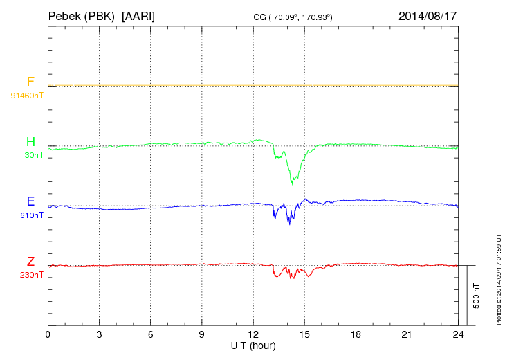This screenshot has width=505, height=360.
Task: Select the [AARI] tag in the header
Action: click(x=138, y=15)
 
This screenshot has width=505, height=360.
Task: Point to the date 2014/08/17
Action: click(x=428, y=15)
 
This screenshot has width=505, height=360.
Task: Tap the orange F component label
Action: click(x=30, y=82)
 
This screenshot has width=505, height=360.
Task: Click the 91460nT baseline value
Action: click(x=26, y=95)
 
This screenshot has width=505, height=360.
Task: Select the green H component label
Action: click(x=30, y=142)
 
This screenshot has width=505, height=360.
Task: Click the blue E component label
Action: click(x=30, y=201)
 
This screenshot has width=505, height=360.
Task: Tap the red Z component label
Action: click(x=30, y=262)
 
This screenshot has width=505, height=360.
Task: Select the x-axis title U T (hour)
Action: click(x=252, y=345)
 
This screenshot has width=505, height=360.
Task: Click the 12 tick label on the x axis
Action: click(x=252, y=334)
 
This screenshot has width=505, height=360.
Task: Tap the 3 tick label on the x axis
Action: click(x=99, y=334)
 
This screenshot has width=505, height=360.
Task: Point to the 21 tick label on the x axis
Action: click(x=407, y=334)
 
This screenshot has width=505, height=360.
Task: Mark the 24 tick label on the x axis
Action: click(x=458, y=334)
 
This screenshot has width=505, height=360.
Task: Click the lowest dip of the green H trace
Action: click(x=293, y=184)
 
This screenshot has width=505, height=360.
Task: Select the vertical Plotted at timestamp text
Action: click(x=498, y=278)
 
